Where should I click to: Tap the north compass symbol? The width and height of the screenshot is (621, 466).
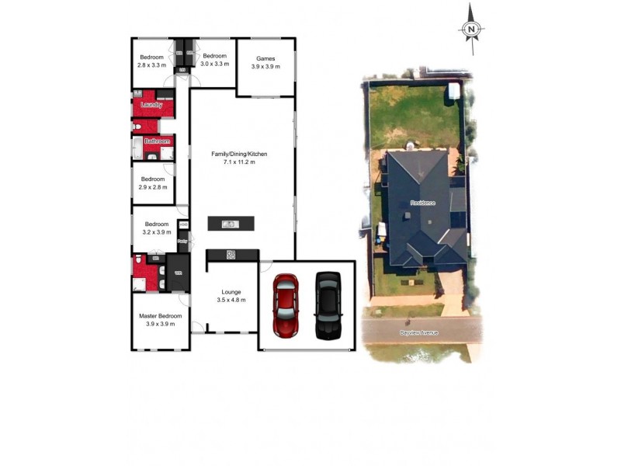tap(470, 30)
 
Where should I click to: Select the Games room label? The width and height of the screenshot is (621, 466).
tap(265, 58)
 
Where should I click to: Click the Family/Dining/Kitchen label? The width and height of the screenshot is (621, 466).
tap(239, 154)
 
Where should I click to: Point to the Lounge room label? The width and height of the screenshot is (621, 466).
tap(231, 292)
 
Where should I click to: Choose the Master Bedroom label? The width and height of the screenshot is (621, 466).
tap(160, 316)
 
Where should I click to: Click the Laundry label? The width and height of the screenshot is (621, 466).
tap(151, 105)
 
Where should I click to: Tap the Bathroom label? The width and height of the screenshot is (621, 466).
tap(157, 141)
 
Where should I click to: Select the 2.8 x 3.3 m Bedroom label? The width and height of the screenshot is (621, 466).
tap(151, 57)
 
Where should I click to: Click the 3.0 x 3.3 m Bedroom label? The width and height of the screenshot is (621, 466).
tap(214, 56)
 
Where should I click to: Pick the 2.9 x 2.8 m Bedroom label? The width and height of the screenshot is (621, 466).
tap(152, 179)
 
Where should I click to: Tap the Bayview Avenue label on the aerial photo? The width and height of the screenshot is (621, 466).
tap(419, 332)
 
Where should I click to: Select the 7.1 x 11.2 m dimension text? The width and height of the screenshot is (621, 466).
tap(239, 162)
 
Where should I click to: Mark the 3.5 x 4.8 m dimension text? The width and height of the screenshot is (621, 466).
tap(231, 300)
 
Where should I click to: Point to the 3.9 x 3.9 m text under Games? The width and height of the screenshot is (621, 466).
tap(265, 67)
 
